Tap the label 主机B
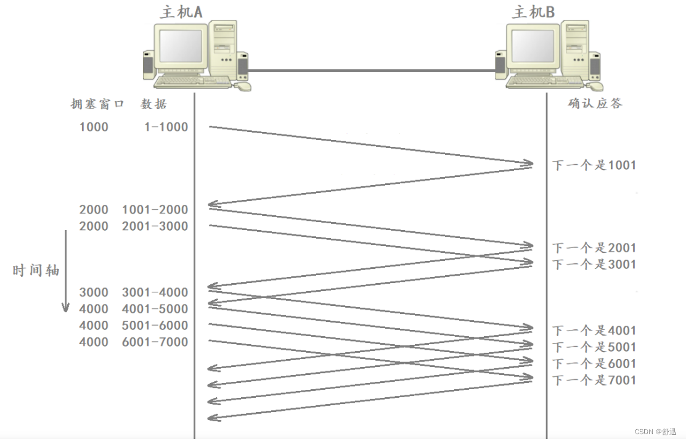point(534,12)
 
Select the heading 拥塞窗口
point(97,104)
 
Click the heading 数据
point(153,104)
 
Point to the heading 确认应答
point(595,103)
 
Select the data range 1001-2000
point(155,210)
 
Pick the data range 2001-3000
point(155,226)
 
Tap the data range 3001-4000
point(155,292)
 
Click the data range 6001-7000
point(155,342)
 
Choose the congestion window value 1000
point(94,127)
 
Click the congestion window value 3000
point(94,292)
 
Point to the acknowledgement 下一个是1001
point(594,165)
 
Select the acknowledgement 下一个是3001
point(594,265)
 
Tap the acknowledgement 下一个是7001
point(594,380)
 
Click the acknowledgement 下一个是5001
point(594,347)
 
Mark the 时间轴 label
point(36,270)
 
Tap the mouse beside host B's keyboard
point(597,87)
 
